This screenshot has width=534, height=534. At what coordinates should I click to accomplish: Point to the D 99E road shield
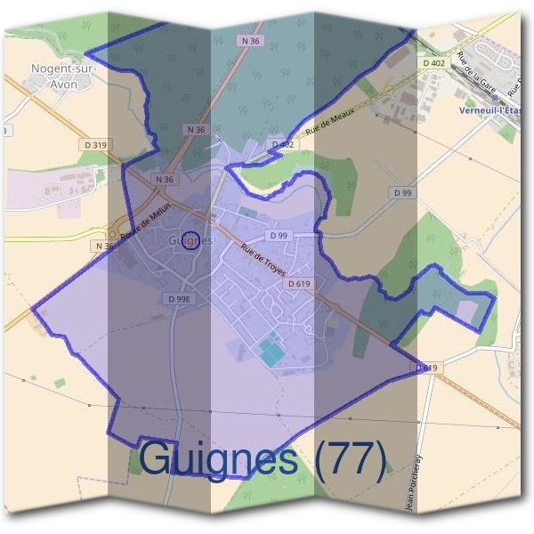[179, 300]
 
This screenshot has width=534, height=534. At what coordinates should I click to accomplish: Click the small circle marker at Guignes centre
[190, 240]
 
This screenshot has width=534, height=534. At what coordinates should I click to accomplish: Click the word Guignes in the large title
[219, 458]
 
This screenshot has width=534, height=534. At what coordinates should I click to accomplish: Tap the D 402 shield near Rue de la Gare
[433, 63]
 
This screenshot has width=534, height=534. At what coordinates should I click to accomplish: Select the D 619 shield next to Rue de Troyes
[298, 284]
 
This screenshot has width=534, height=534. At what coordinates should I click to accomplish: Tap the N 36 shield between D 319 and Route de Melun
[163, 179]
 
